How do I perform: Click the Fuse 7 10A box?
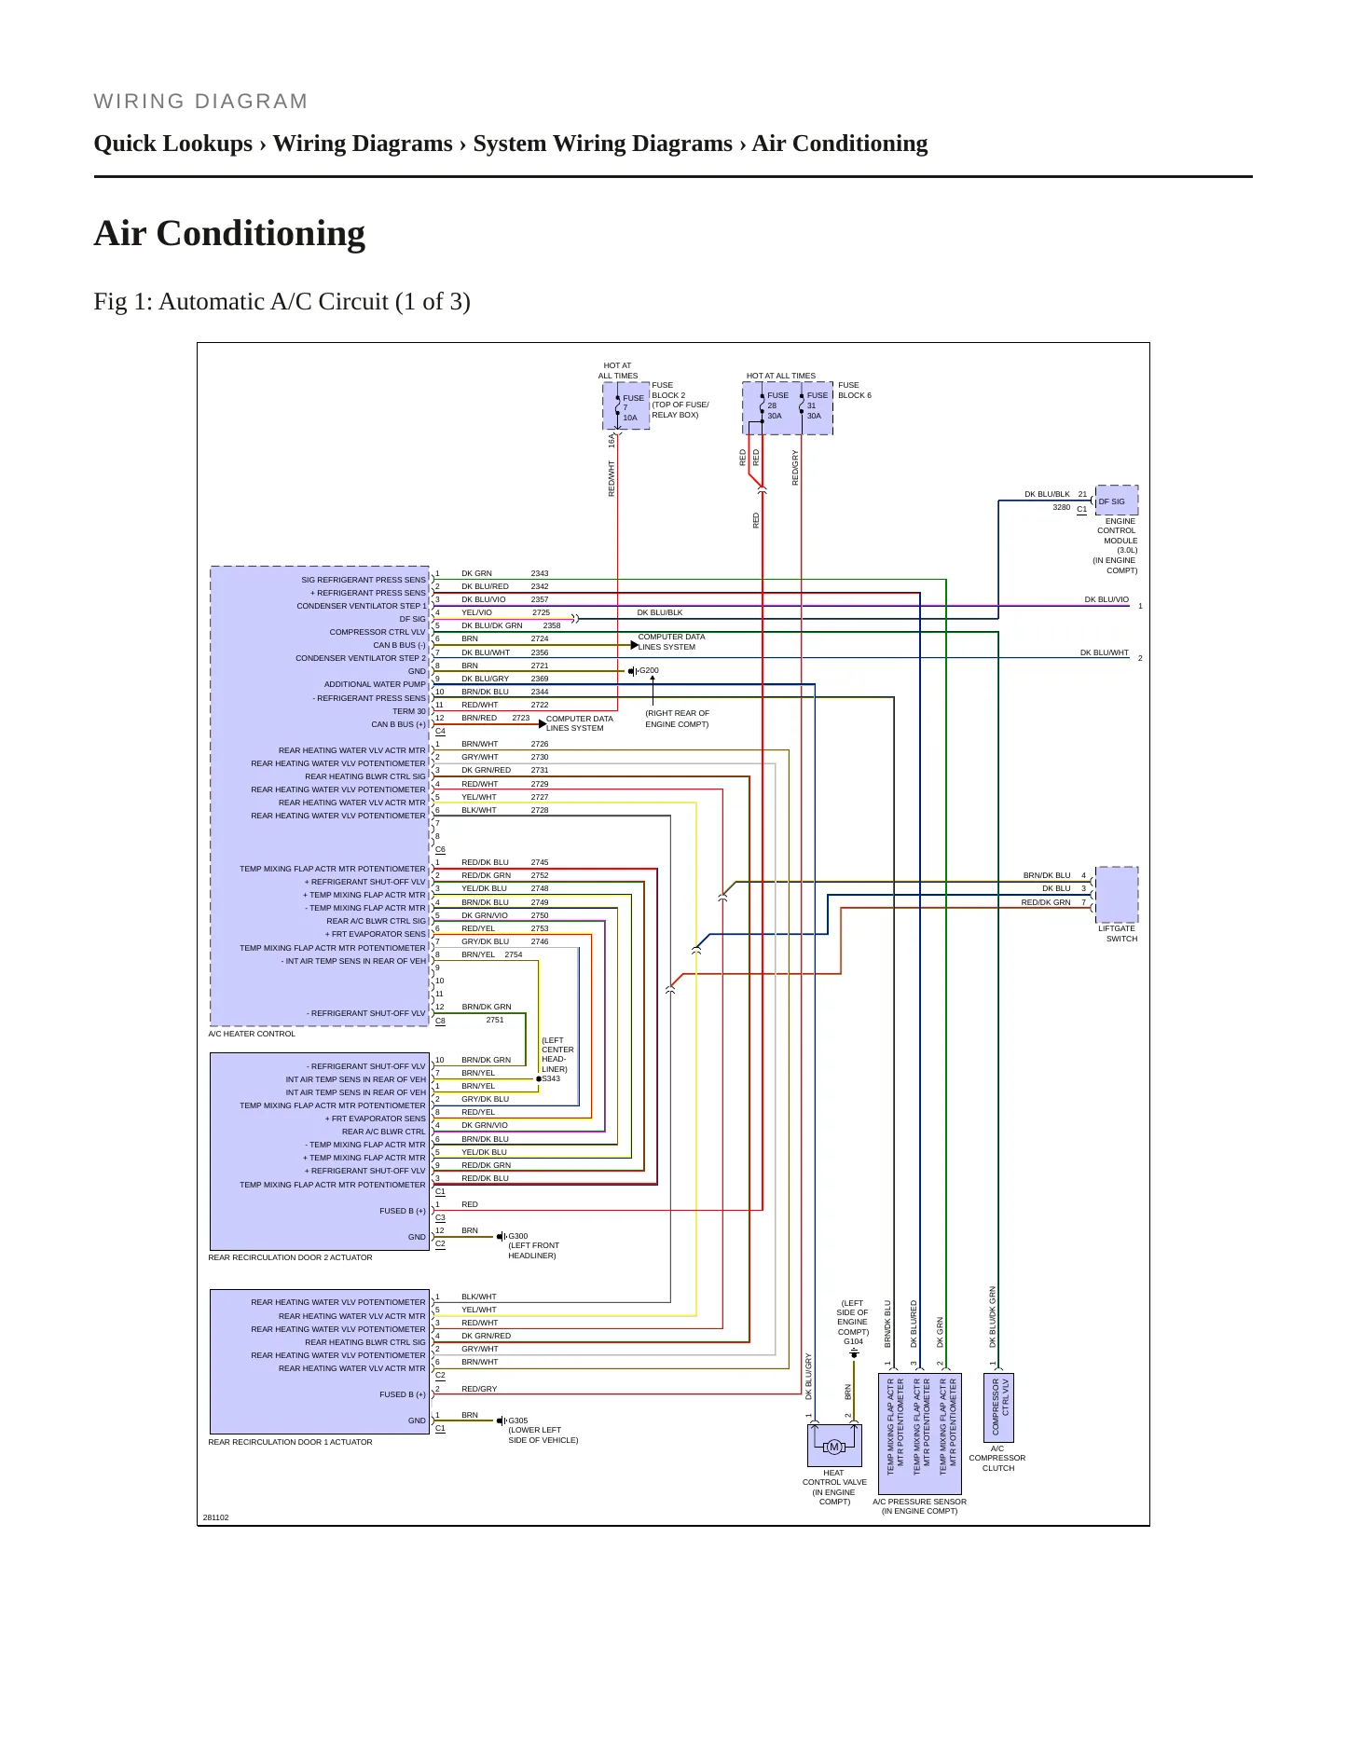(626, 405)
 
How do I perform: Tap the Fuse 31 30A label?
(817, 405)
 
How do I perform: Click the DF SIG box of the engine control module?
(1117, 501)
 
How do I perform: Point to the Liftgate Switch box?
(1117, 895)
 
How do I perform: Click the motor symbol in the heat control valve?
(834, 1447)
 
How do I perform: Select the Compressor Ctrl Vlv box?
(999, 1407)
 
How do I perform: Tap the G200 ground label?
(649, 670)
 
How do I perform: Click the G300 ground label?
(518, 1236)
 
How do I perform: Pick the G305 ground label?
(518, 1420)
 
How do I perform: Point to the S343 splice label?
(551, 1078)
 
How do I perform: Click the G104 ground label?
(853, 1341)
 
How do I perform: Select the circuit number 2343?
(540, 573)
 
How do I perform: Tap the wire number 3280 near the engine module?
(1062, 507)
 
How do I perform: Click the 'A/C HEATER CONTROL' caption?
(252, 1034)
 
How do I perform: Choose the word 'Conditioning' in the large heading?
(261, 233)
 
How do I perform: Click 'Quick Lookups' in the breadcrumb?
(173, 144)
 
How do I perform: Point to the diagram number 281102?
(215, 1517)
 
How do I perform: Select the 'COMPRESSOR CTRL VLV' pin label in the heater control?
(378, 632)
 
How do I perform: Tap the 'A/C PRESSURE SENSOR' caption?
(919, 1502)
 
